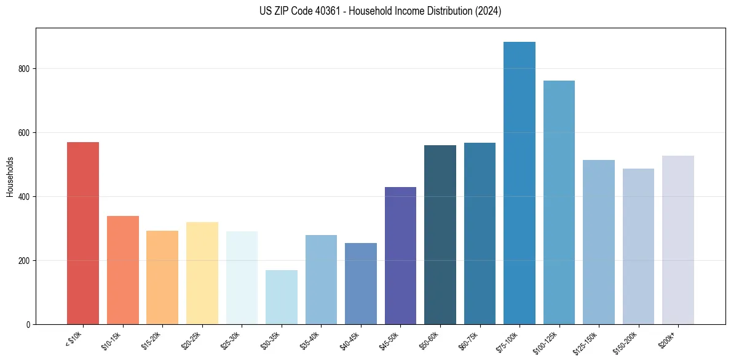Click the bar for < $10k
[x=83, y=233]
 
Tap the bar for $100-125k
[x=559, y=202]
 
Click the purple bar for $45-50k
[x=400, y=255]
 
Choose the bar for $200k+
[x=678, y=240]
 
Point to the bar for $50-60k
[x=440, y=234]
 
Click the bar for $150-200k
[x=638, y=246]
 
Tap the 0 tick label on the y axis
[x=29, y=324]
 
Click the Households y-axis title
[x=10, y=177]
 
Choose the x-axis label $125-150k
[x=586, y=342]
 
